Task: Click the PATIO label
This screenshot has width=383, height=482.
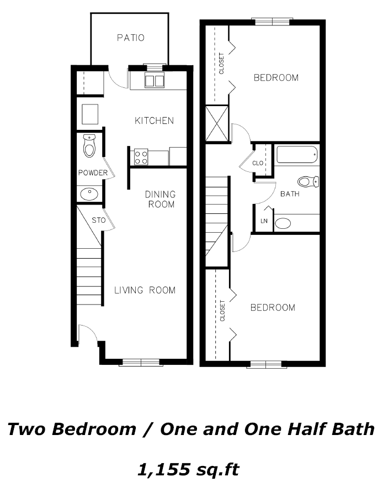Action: [131, 38]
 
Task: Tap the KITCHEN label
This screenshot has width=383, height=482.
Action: [155, 120]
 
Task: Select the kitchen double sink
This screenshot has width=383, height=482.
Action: [155, 81]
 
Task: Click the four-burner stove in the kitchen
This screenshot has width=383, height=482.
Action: [141, 157]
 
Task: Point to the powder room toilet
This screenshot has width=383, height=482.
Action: [89, 146]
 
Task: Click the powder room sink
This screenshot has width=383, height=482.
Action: [89, 194]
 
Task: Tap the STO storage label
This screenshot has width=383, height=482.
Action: [99, 220]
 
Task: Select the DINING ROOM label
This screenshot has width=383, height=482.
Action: [160, 199]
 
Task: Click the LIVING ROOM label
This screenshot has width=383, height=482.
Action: [145, 290]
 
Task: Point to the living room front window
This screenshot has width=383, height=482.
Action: [141, 363]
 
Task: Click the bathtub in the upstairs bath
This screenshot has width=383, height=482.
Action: [297, 154]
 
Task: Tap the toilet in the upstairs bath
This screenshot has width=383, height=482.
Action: [308, 181]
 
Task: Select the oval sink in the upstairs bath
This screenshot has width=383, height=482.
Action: [283, 223]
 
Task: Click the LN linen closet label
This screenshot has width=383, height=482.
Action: [264, 221]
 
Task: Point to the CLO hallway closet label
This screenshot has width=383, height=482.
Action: [258, 163]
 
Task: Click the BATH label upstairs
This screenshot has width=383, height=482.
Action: [290, 194]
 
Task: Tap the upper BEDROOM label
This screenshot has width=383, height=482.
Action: [276, 77]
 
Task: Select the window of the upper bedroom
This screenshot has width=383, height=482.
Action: [272, 22]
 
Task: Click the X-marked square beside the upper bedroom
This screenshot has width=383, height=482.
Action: [217, 124]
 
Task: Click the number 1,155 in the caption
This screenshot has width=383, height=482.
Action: [163, 469]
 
